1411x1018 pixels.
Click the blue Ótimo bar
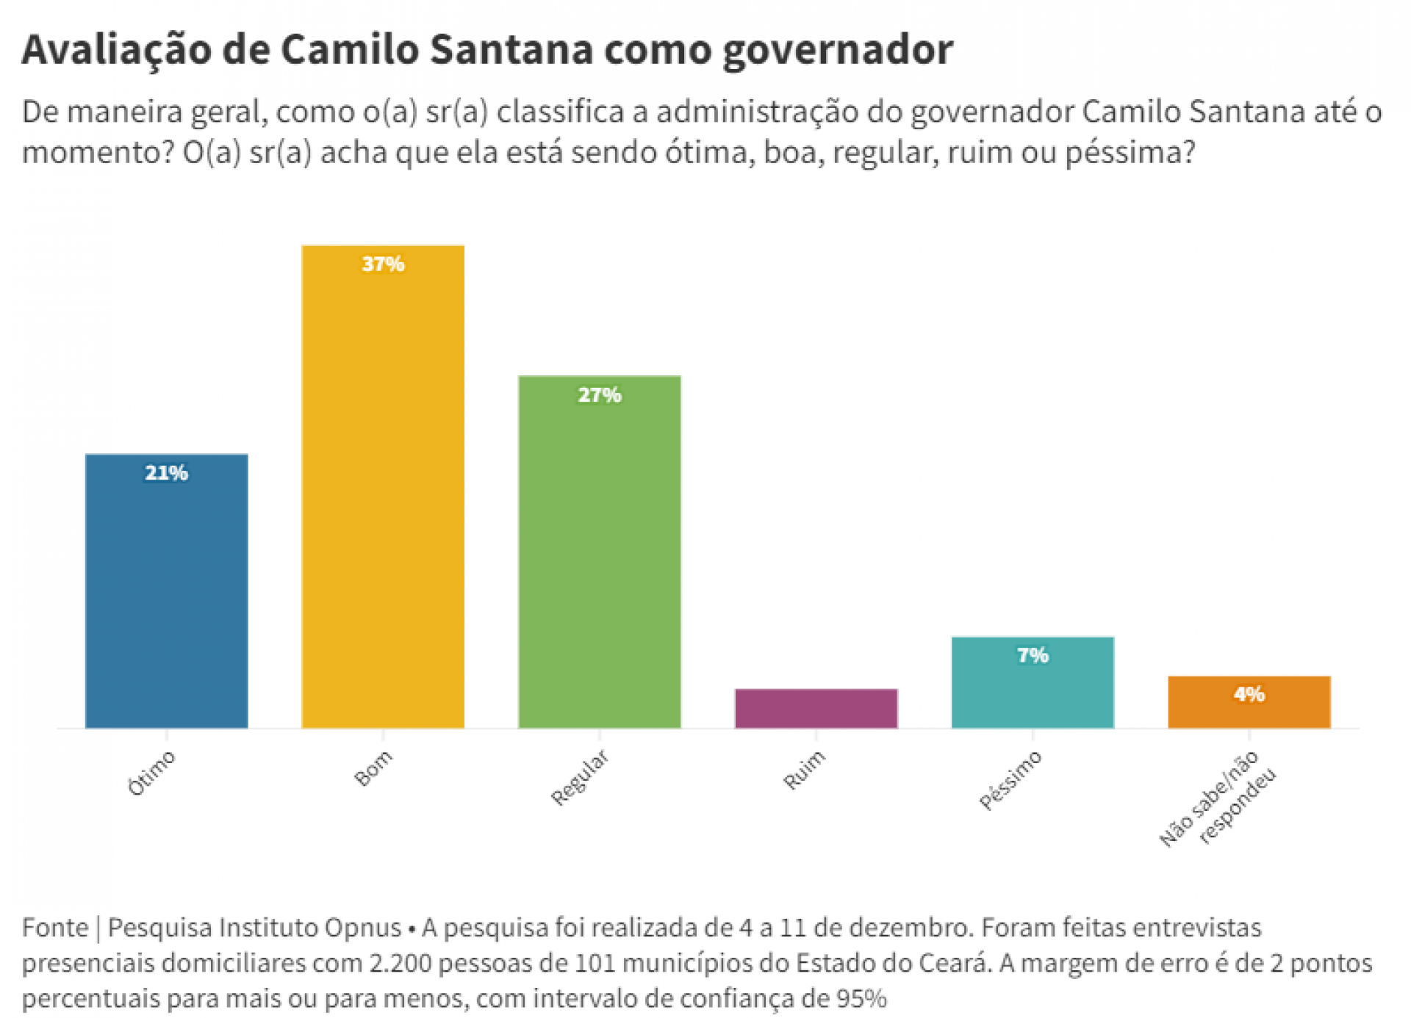coord(166,591)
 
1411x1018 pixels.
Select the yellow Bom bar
coord(383,487)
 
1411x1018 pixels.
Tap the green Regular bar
coord(599,552)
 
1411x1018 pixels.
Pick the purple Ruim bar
coord(816,708)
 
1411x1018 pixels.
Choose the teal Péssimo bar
coord(1033,682)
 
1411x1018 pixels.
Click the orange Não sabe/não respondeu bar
coord(1249,702)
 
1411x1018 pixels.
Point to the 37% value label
coord(383,264)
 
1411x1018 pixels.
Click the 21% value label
coord(166,473)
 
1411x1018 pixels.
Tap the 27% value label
coord(599,395)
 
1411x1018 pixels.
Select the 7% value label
coord(1033,655)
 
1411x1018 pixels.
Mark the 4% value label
coord(1249,694)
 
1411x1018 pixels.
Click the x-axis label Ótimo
coord(151,773)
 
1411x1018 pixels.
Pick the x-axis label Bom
coord(373,768)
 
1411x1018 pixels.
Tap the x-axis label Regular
coord(580,777)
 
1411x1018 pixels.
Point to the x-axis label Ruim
coord(804,770)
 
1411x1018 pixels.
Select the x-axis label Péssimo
coord(1010,780)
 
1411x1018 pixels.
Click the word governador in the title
coord(838,50)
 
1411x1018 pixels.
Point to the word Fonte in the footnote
coord(55,928)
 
